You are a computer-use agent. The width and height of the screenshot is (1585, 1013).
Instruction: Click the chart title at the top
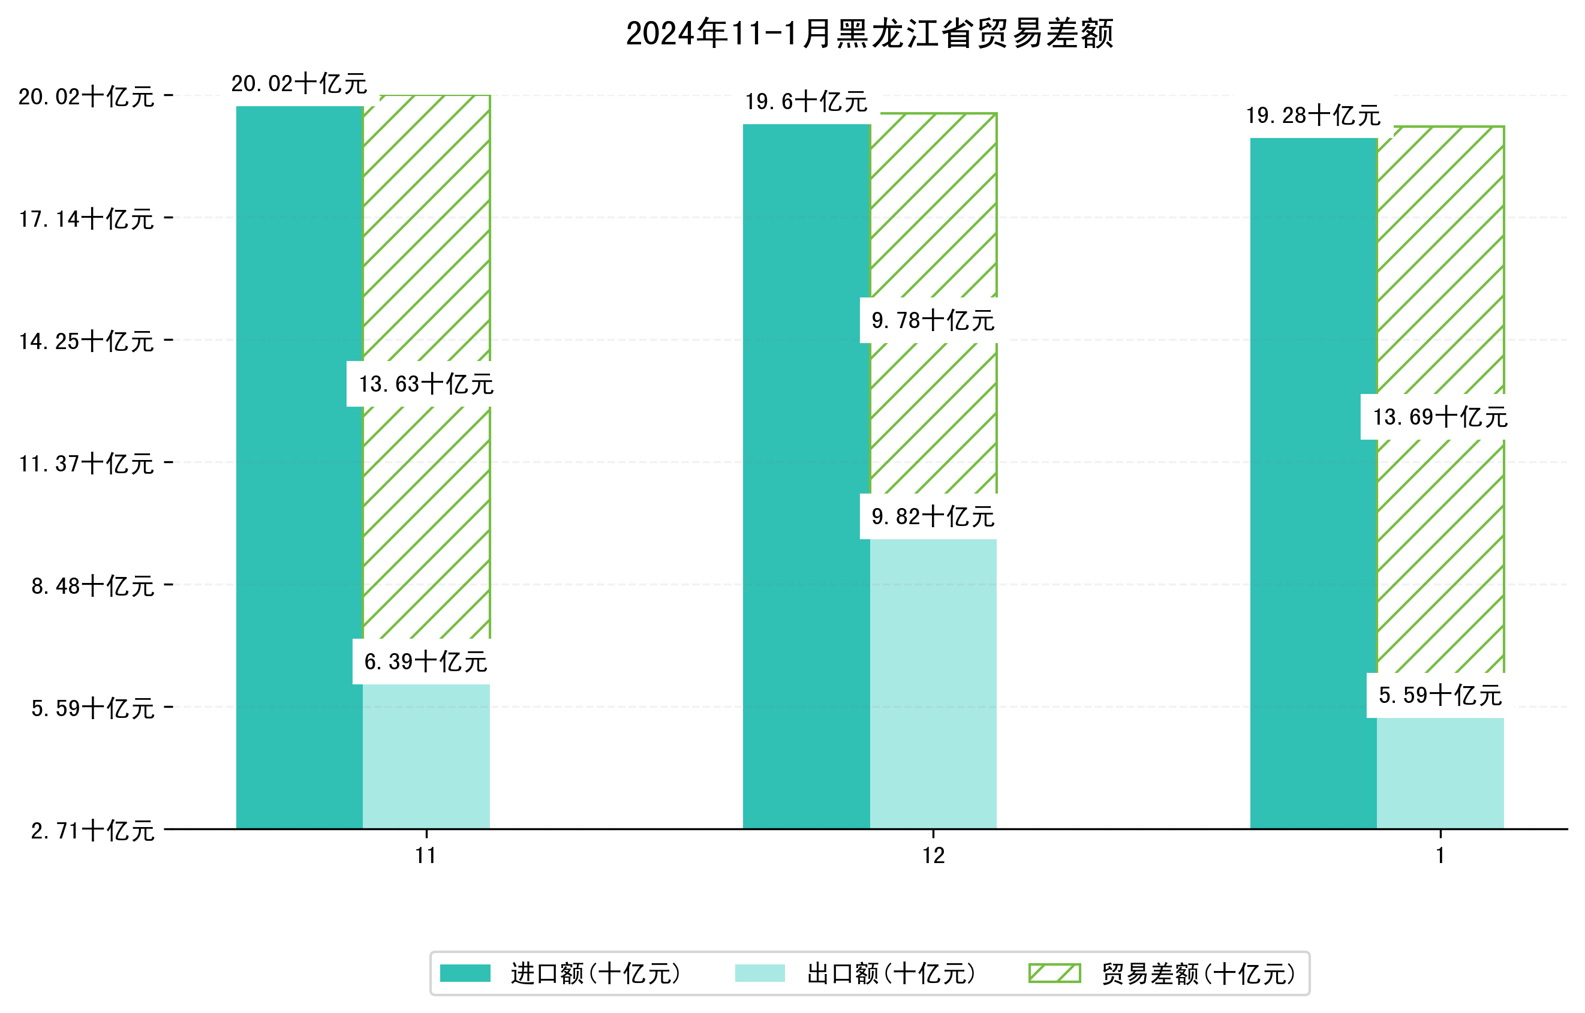click(869, 34)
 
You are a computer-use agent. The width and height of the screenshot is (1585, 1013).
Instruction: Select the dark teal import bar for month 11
click(299, 467)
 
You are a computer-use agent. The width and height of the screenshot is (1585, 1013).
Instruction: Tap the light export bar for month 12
click(933, 684)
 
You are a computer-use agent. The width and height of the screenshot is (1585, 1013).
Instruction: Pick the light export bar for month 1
click(1440, 774)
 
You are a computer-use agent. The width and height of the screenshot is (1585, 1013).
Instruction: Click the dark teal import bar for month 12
click(807, 477)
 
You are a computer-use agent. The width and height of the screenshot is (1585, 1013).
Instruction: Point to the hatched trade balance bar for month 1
click(1440, 263)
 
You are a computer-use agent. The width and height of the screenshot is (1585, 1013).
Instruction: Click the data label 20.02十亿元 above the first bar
click(299, 83)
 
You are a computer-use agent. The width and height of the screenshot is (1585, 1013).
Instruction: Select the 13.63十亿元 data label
click(426, 384)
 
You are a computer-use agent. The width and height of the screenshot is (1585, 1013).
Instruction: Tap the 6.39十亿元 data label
click(426, 662)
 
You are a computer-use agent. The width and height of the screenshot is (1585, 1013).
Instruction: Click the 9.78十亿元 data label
click(933, 320)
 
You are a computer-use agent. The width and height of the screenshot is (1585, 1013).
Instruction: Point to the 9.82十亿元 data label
click(933, 517)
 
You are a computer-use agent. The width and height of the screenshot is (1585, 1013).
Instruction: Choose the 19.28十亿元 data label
click(1313, 115)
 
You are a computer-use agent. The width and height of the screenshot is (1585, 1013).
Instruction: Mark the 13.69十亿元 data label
click(1440, 417)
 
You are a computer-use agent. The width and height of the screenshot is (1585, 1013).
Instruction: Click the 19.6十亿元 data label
click(807, 101)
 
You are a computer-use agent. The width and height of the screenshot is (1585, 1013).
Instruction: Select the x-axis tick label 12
click(933, 856)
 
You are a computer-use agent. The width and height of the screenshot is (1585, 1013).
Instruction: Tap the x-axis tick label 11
click(426, 856)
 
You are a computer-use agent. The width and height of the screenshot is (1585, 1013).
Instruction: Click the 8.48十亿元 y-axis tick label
click(93, 586)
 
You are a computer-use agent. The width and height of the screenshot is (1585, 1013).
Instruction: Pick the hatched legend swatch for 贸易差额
click(1054, 973)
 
